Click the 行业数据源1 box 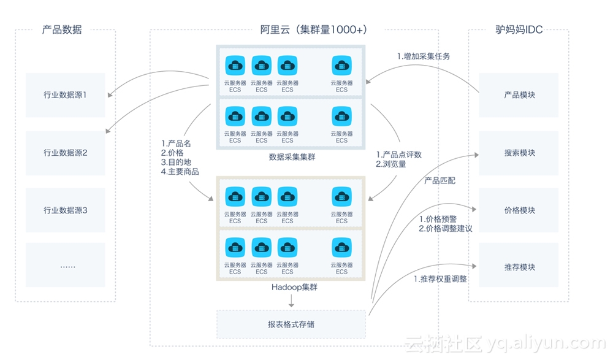pyautogui.click(x=65, y=95)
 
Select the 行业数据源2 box pyautogui.click(x=65, y=153)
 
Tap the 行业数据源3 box pyautogui.click(x=65, y=210)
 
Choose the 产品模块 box pyautogui.click(x=519, y=95)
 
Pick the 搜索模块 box pyautogui.click(x=519, y=153)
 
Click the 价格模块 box pyautogui.click(x=519, y=210)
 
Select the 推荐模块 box pyautogui.click(x=519, y=267)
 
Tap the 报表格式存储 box pyautogui.click(x=291, y=324)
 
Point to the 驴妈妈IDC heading pyautogui.click(x=519, y=29)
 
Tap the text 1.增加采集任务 pyautogui.click(x=424, y=56)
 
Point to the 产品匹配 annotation pyautogui.click(x=440, y=181)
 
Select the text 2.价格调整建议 pyautogui.click(x=445, y=228)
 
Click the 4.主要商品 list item pyautogui.click(x=180, y=172)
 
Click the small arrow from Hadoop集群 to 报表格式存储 pyautogui.click(x=291, y=301)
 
